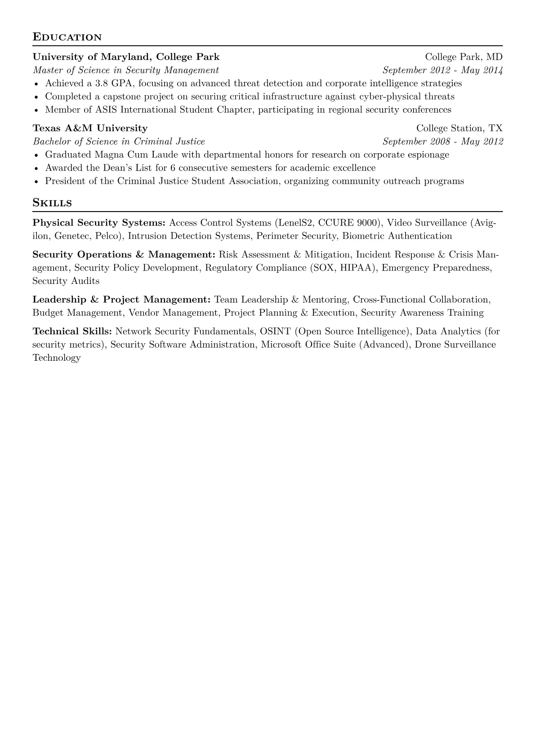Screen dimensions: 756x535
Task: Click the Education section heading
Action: tap(67, 37)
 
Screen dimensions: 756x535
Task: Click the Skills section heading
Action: tap(52, 203)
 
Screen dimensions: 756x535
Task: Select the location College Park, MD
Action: tap(464, 57)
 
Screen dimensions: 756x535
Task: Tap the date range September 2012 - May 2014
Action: tap(442, 70)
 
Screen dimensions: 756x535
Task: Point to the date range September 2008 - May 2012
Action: tap(442, 141)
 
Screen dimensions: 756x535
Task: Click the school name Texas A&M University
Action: tap(90, 128)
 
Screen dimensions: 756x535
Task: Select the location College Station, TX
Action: tap(459, 128)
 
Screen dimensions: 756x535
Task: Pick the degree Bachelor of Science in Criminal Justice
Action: tap(119, 141)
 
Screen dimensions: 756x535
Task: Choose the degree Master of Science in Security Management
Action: tap(126, 70)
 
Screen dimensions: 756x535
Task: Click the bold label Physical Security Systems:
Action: tap(99, 223)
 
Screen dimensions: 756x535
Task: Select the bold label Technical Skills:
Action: tap(72, 332)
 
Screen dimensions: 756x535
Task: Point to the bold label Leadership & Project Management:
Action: tap(121, 300)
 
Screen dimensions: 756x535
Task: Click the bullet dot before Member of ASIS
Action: tap(36, 111)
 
